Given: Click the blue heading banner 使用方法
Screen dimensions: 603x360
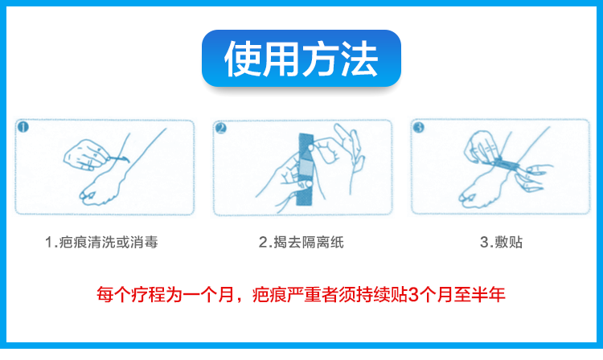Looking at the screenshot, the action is tap(301, 58).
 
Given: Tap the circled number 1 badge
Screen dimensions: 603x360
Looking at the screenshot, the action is tap(23, 127).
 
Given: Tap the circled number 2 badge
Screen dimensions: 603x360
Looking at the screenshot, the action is tap(221, 128).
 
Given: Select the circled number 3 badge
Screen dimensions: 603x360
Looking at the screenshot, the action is tap(418, 127).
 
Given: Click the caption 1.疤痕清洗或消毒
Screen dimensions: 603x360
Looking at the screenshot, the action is tap(101, 242).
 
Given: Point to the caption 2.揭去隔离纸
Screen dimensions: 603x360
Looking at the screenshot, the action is tap(301, 242).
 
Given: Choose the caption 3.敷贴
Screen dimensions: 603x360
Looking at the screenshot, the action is tap(501, 242).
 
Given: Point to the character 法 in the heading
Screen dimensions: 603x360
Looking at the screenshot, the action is tap(359, 59).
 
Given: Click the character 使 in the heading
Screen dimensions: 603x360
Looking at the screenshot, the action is tap(243, 59).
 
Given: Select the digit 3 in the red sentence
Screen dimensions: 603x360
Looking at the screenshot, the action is tap(413, 295).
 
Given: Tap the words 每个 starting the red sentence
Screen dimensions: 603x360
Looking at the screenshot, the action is tap(113, 295).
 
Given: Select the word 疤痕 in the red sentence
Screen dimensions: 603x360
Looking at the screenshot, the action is tap(269, 295).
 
